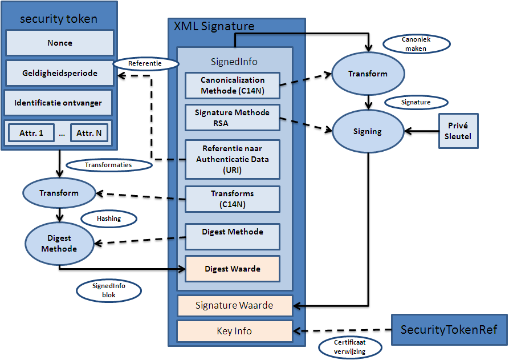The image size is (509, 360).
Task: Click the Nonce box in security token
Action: click(60, 43)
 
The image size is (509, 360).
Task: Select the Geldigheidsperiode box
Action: click(60, 74)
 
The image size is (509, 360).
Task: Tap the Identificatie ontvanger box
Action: click(58, 103)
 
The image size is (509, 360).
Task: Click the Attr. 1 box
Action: click(31, 134)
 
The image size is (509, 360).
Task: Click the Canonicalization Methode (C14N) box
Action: click(233, 85)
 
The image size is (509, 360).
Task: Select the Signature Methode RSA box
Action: click(233, 118)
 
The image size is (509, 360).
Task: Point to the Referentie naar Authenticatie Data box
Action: click(233, 159)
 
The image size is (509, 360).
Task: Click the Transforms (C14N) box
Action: click(233, 199)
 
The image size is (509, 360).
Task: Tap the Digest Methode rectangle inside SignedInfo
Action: click(233, 236)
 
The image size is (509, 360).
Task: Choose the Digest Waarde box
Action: click(233, 269)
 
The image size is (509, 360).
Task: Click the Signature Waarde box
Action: click(234, 306)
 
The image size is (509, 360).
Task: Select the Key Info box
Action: click(234, 331)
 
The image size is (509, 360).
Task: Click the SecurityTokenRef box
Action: click(449, 330)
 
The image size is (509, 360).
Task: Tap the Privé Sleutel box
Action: click(458, 131)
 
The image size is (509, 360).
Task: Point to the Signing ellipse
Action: click(367, 131)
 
